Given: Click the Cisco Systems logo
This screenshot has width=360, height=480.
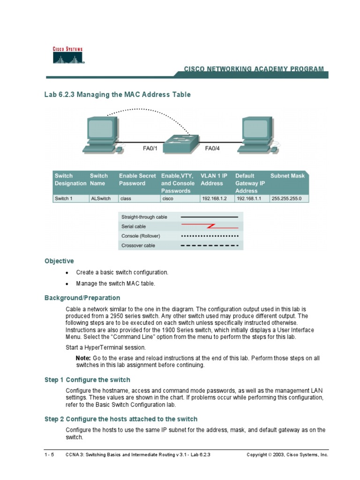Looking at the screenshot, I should tap(68, 55).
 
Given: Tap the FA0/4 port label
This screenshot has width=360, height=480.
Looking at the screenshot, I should tap(213, 149).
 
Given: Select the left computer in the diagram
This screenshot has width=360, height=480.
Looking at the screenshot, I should tap(101, 134).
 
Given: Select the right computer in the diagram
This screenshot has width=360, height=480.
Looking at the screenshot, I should tap(257, 134).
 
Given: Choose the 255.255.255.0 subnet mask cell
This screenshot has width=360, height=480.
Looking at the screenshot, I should tap(289, 198).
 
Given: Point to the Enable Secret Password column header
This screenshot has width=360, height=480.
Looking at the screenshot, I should tap(137, 180).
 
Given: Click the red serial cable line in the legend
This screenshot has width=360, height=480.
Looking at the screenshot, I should tap(210, 226).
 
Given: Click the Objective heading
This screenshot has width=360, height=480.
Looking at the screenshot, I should tap(59, 261).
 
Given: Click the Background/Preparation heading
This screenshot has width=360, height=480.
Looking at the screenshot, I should tap(82, 298).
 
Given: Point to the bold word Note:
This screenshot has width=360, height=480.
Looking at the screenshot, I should tap(83, 358).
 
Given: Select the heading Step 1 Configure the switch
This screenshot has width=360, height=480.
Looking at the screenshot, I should tap(87, 380).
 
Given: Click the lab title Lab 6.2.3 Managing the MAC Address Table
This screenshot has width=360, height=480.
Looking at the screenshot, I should tap(117, 95).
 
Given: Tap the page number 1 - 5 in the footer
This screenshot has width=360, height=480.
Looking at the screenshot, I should tap(49, 455).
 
